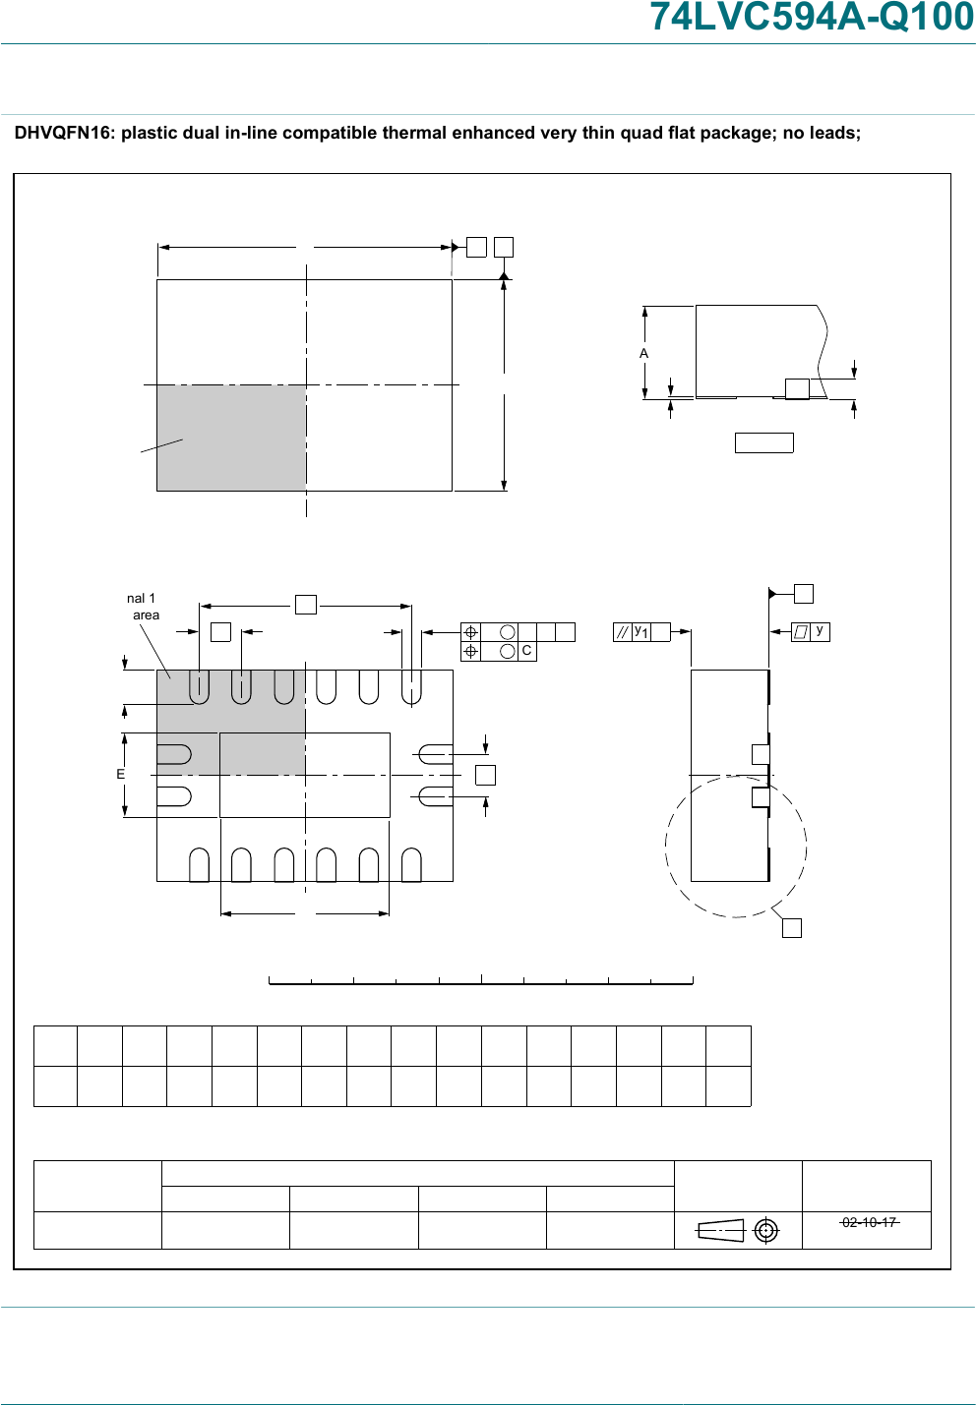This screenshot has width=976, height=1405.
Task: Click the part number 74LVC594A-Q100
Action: tap(812, 17)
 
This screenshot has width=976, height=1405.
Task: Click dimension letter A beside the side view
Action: tap(643, 354)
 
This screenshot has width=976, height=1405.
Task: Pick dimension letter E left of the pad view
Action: tap(120, 774)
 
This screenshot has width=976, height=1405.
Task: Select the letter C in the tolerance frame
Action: tap(526, 651)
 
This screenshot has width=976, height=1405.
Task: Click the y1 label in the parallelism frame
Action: tap(640, 631)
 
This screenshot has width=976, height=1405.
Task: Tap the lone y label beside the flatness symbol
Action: tap(820, 629)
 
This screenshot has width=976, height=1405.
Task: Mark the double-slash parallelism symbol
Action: tap(622, 631)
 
